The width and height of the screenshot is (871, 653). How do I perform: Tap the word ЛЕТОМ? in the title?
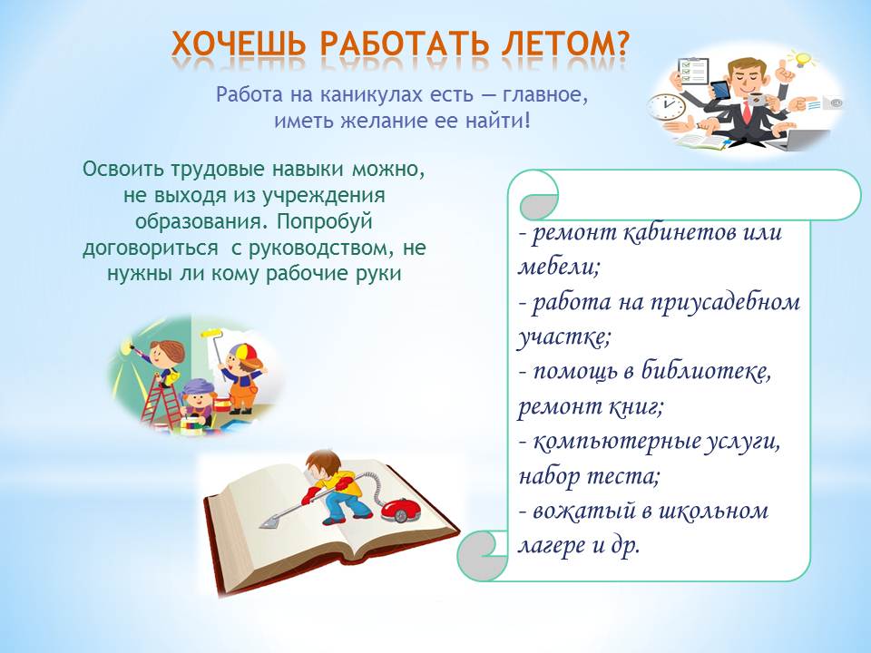(x=565, y=44)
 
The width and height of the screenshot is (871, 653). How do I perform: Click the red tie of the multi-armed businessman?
(x=747, y=111)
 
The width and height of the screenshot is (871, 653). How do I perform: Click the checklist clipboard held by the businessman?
(x=692, y=72)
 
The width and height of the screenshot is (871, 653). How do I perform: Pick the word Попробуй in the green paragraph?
(x=325, y=221)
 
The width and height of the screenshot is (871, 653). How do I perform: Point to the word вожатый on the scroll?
(x=583, y=512)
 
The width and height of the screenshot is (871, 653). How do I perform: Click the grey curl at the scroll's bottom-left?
(x=478, y=555)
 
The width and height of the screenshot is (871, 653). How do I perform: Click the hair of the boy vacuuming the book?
(x=323, y=462)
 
